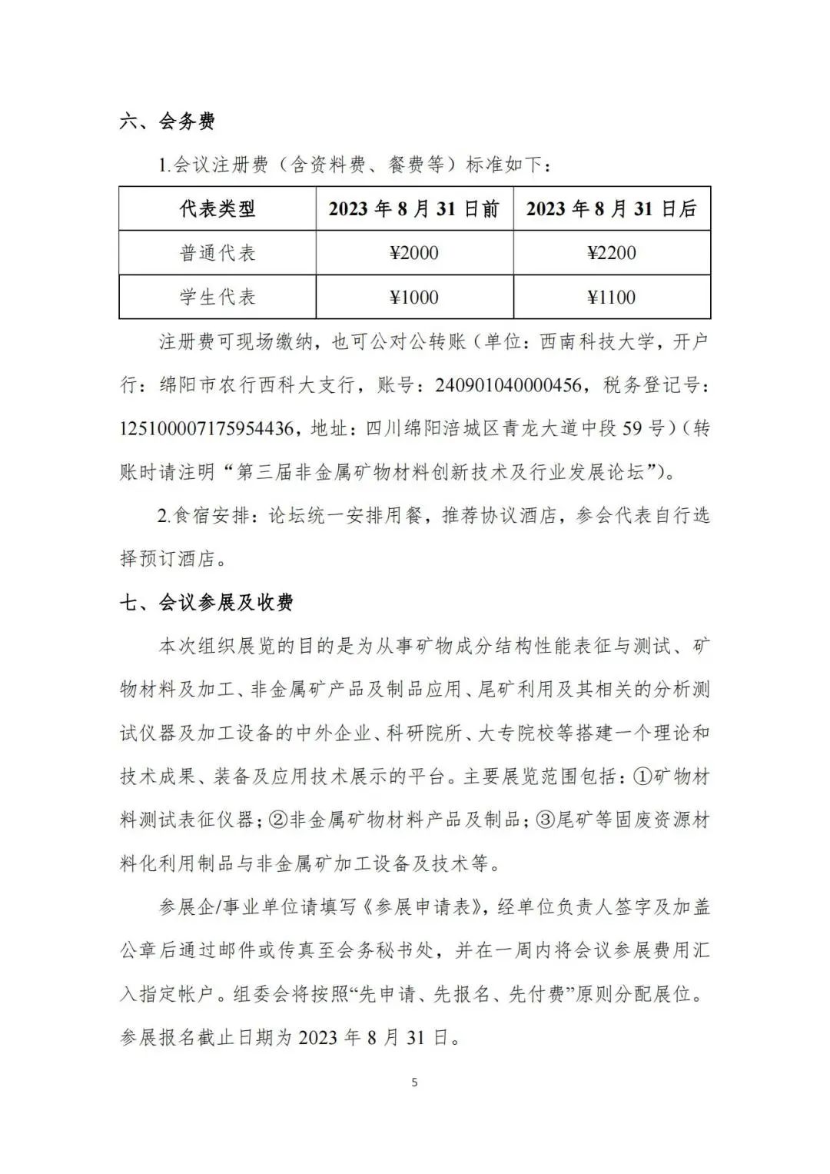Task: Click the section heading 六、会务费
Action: point(168,121)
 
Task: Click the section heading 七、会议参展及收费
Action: point(206,603)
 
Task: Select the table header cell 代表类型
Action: point(217,208)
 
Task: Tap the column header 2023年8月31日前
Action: point(414,208)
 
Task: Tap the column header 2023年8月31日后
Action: point(612,208)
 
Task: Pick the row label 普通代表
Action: point(217,253)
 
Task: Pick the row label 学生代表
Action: point(217,297)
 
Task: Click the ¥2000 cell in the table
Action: point(414,253)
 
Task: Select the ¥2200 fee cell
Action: point(612,253)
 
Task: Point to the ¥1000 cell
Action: point(414,297)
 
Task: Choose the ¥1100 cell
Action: point(612,297)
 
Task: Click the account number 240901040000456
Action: point(508,385)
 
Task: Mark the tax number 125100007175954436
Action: point(207,428)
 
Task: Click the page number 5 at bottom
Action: point(415,1083)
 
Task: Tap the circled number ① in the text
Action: point(642,777)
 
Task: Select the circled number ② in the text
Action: point(278,820)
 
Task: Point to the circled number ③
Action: point(545,820)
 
